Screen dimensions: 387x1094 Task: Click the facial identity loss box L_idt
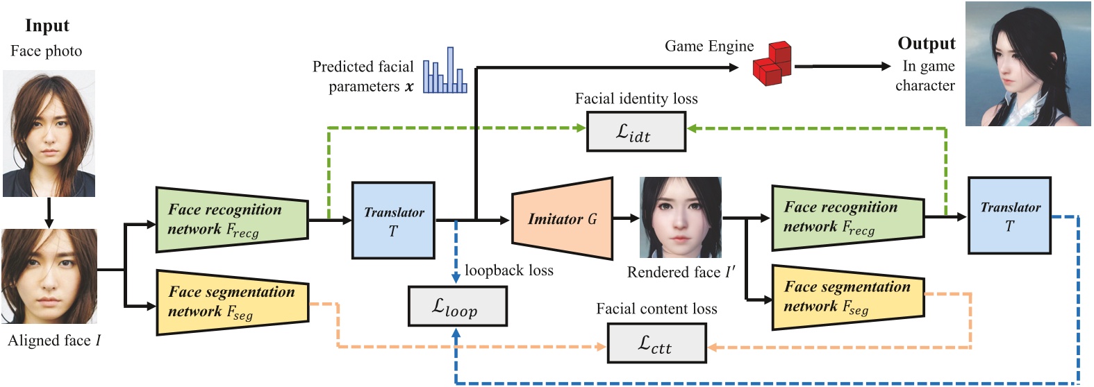tap(636, 131)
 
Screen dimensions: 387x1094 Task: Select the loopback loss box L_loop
tap(457, 306)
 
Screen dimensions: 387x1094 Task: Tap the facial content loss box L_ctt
tap(656, 343)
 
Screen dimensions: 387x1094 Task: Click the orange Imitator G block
tap(562, 219)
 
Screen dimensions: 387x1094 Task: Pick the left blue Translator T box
tap(393, 221)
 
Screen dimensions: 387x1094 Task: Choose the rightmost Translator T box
tap(1009, 216)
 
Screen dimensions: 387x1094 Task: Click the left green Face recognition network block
tap(231, 219)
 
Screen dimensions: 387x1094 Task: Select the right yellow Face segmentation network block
tap(847, 297)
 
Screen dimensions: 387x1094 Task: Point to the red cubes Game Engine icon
tap(772, 64)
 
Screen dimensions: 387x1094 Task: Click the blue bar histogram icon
tap(445, 72)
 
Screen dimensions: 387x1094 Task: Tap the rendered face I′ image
tap(680, 217)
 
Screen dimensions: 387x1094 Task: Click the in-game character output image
tap(1027, 64)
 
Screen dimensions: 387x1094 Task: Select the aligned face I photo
tap(49, 277)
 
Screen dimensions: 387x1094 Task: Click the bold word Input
tap(47, 26)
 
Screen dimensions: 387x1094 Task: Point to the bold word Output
tap(926, 44)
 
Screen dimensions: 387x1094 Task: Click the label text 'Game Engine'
tap(708, 46)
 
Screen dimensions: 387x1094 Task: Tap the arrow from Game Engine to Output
tap(842, 67)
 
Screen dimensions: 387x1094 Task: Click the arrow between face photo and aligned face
tap(49, 213)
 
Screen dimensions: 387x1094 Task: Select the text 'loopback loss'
tap(508, 270)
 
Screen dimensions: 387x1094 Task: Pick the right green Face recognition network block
tap(847, 218)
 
